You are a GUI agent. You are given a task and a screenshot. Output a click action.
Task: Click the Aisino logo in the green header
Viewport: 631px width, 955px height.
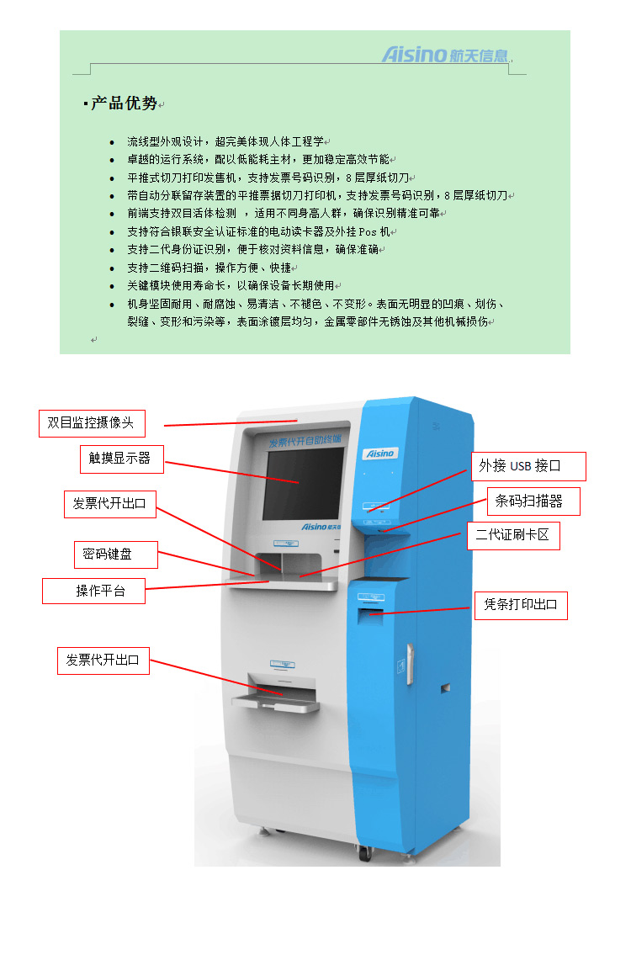[x=445, y=56]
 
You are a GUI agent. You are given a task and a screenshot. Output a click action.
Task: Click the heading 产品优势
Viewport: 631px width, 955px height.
[x=124, y=103]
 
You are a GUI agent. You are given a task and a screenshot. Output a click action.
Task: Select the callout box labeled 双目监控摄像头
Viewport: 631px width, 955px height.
[x=92, y=423]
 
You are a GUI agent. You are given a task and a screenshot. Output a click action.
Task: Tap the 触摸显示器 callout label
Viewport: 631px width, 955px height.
[x=120, y=458]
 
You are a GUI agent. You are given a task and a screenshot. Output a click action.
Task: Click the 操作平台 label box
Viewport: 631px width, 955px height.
[x=93, y=591]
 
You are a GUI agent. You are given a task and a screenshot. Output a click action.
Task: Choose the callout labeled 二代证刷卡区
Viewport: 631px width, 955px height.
[x=512, y=536]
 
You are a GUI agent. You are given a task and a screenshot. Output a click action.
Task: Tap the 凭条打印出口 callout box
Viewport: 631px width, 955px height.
[x=521, y=605]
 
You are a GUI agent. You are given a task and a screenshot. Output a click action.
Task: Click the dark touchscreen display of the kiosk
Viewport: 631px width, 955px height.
[x=305, y=483]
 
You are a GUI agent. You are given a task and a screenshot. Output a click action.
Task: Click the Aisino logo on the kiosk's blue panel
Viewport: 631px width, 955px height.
[x=379, y=453]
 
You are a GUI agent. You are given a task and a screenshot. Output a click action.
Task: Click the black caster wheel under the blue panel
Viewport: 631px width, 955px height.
[x=365, y=853]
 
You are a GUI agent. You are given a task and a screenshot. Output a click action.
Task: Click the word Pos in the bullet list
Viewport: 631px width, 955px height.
[x=368, y=231]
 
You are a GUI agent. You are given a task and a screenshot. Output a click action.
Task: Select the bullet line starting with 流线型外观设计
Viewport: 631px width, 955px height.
[x=225, y=141]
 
